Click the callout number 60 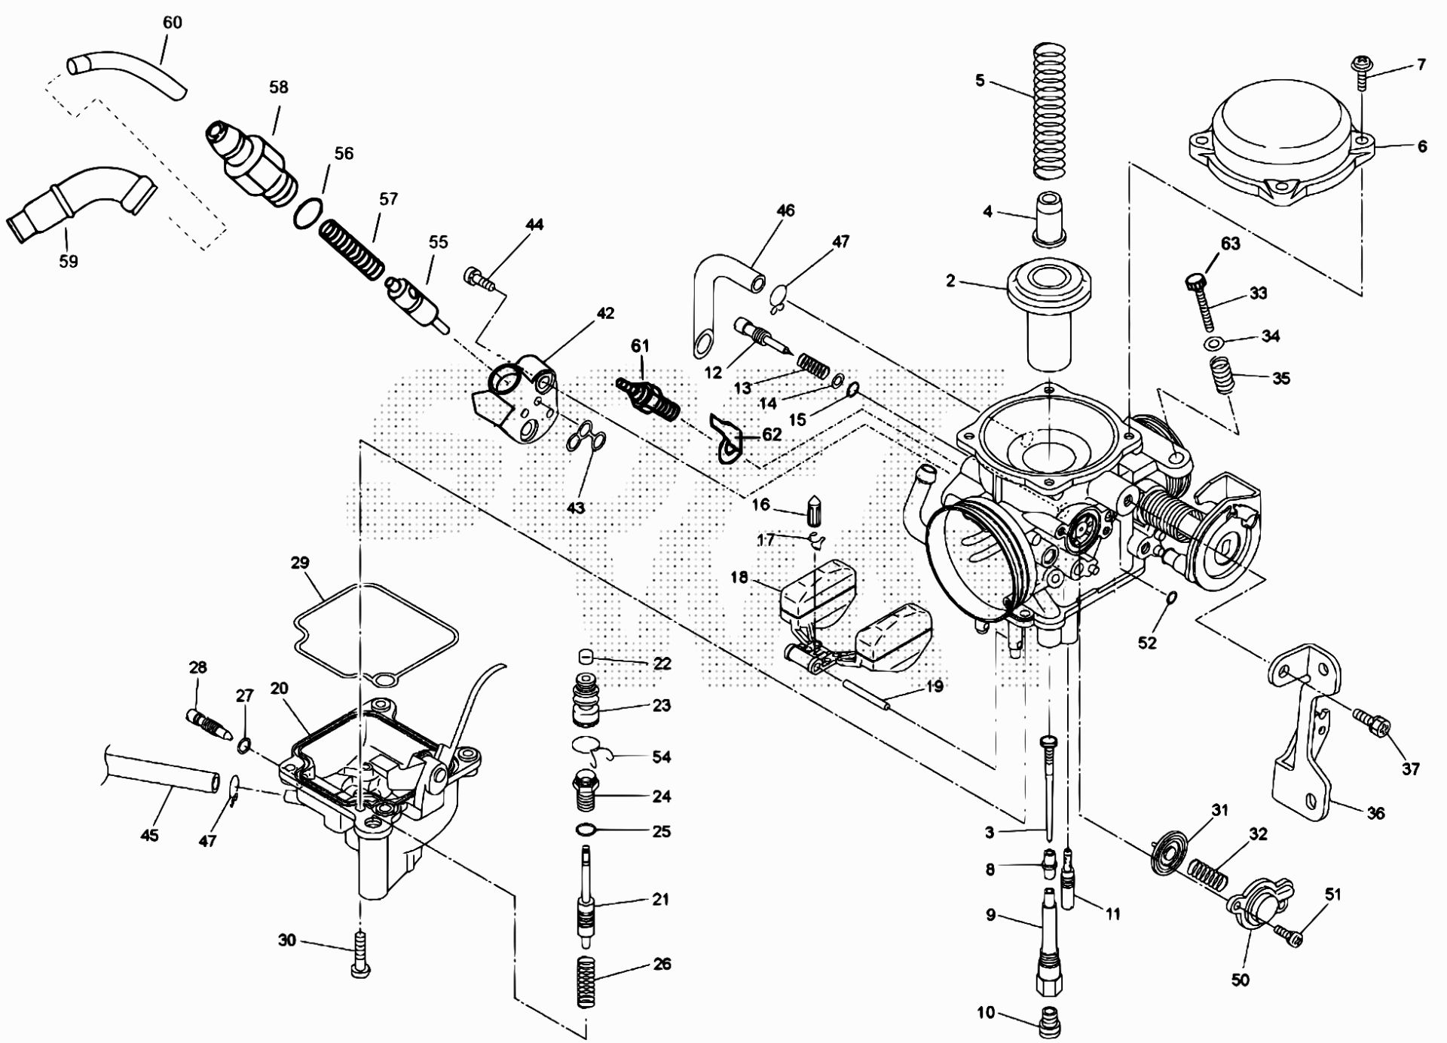[x=173, y=23]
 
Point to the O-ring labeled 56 [x=307, y=213]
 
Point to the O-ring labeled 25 [x=585, y=830]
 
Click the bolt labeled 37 [x=1372, y=723]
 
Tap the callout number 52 [x=1147, y=643]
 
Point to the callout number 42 [x=605, y=313]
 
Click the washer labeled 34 [x=1213, y=344]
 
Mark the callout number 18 [x=739, y=578]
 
